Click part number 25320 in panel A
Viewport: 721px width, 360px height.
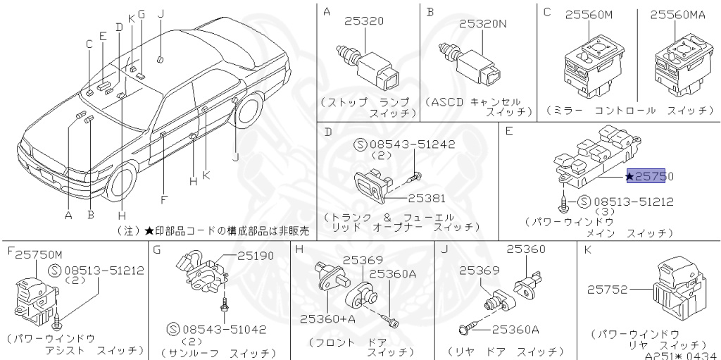[364, 21]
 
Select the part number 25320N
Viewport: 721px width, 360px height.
[483, 23]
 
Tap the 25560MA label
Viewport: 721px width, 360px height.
[681, 15]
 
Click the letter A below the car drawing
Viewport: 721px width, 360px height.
[68, 216]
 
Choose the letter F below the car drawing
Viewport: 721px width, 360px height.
[163, 199]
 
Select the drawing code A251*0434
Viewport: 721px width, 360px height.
[679, 354]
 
